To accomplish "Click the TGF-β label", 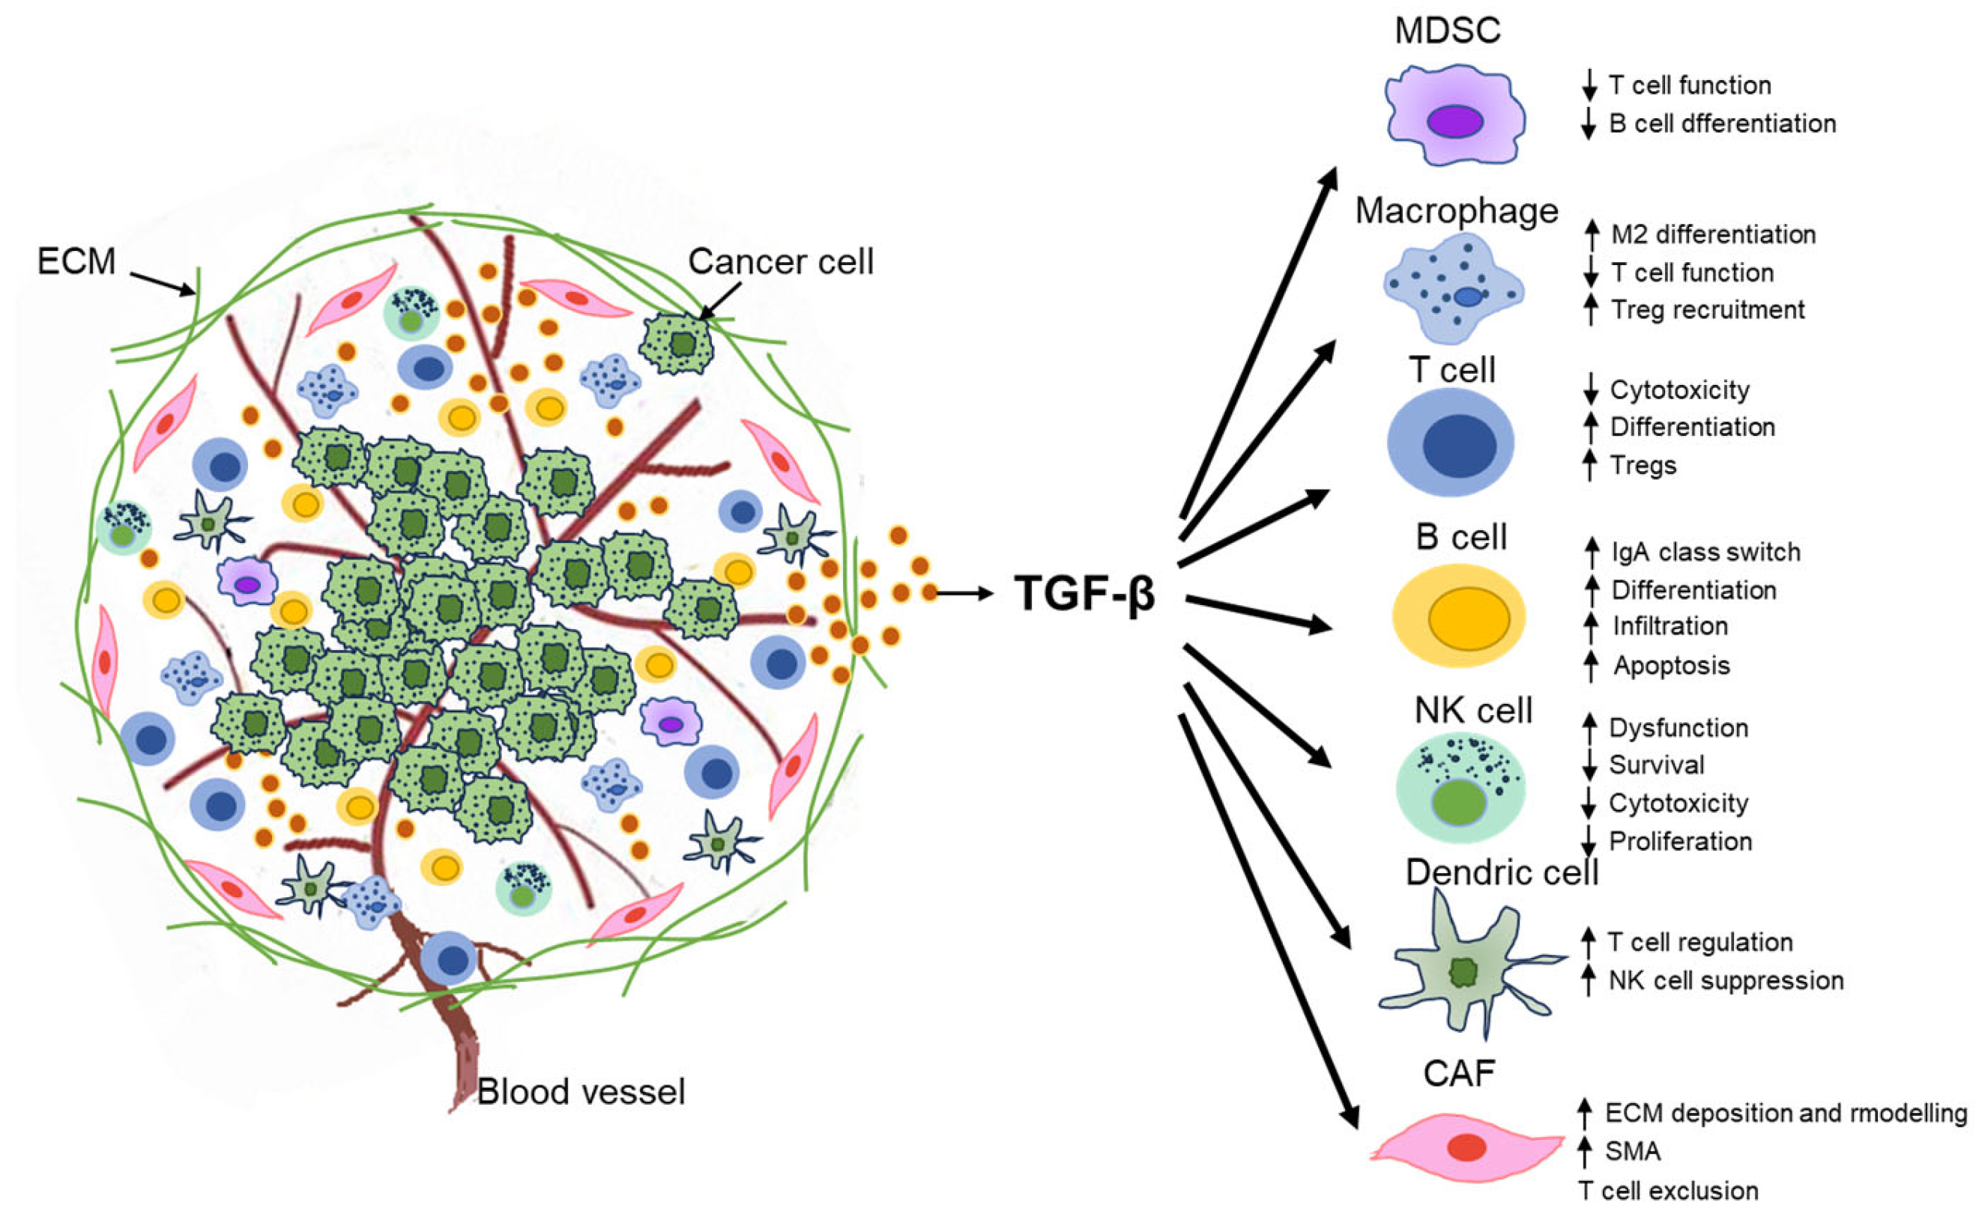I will click(1084, 594).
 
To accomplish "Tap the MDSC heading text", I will click(1447, 31).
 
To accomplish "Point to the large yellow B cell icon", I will click(1459, 616).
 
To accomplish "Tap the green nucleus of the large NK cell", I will click(1459, 803).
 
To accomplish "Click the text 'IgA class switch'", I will click(1705, 552).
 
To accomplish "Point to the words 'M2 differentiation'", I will click(1713, 235).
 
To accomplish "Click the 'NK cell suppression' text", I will click(1726, 980).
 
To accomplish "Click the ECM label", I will click(76, 261).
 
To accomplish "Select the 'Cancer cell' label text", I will click(780, 261).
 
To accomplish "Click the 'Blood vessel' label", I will click(581, 1092).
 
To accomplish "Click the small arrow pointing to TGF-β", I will click(964, 594).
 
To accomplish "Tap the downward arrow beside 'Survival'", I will click(1589, 765).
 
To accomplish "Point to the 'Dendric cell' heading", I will click(1502, 872).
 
